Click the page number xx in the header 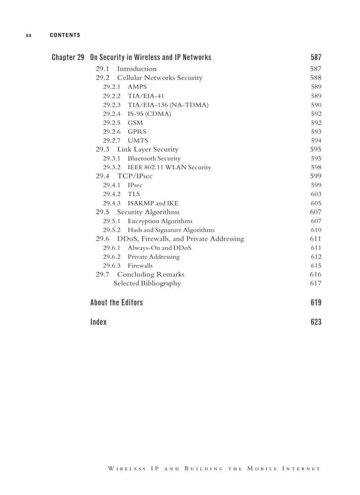click(x=29, y=35)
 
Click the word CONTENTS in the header click(x=65, y=35)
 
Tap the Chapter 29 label click(x=68, y=57)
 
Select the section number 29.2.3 click(x=112, y=105)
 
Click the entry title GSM click(x=135, y=123)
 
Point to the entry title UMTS click(x=138, y=141)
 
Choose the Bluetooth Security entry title click(x=154, y=158)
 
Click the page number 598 click(x=316, y=167)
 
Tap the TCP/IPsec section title click(x=135, y=176)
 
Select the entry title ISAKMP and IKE click(x=153, y=203)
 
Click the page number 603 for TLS click(x=316, y=194)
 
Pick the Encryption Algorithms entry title click(x=160, y=221)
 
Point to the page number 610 click(x=316, y=230)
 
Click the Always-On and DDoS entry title click(x=160, y=248)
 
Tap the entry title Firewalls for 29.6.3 click(x=140, y=266)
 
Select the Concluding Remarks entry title click(x=150, y=275)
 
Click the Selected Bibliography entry click(x=147, y=283)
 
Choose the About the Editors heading click(x=116, y=302)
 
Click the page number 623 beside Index click(x=316, y=322)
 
